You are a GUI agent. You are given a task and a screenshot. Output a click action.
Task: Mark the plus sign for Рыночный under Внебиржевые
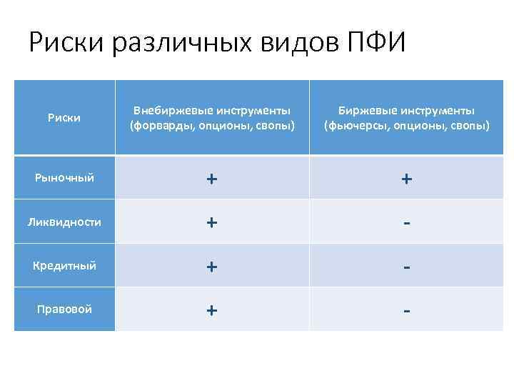coord(211,179)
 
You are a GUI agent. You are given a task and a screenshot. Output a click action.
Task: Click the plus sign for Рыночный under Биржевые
coord(405,179)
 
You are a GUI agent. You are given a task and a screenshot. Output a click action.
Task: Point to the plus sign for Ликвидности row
coord(211,222)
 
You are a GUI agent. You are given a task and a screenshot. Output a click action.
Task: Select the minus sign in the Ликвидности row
coord(405,223)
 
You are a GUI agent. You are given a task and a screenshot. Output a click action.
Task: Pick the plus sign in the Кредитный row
coord(211,266)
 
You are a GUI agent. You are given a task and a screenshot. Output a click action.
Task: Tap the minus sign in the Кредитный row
coord(405,267)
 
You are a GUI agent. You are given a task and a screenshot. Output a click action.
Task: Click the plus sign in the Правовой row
coord(211,310)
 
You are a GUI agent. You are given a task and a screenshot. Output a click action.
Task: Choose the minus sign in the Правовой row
coord(405,310)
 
